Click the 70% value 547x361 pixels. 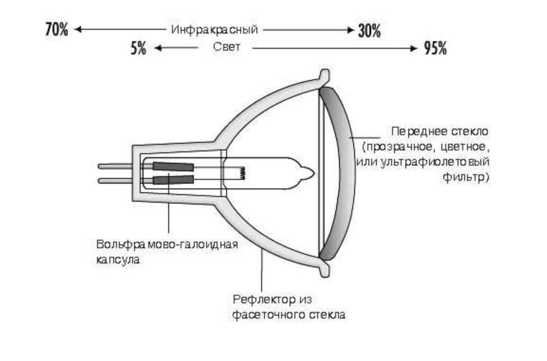pyautogui.click(x=56, y=29)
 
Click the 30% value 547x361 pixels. pyautogui.click(x=369, y=31)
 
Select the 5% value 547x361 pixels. pyautogui.click(x=138, y=48)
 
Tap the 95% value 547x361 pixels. pyautogui.click(x=435, y=48)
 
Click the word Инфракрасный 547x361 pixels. pyautogui.click(x=214, y=30)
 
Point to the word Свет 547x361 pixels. pyautogui.click(x=227, y=47)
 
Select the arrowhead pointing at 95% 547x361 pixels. pyautogui.click(x=414, y=48)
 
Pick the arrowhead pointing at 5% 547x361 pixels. pyautogui.click(x=158, y=48)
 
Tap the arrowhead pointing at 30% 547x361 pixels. pyautogui.click(x=350, y=30)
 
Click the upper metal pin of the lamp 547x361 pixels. pyautogui.click(x=115, y=167)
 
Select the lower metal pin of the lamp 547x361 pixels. pyautogui.click(x=115, y=180)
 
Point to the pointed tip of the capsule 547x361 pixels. pyautogui.click(x=314, y=174)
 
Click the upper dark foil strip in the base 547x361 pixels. pyautogui.click(x=173, y=167)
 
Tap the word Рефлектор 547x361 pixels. pyautogui.click(x=264, y=300)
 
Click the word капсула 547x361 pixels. pyautogui.click(x=118, y=260)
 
